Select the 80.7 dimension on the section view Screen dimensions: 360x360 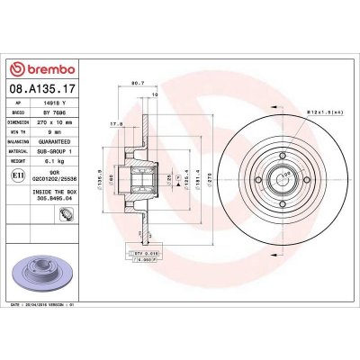pyautogui.click(x=139, y=84)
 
